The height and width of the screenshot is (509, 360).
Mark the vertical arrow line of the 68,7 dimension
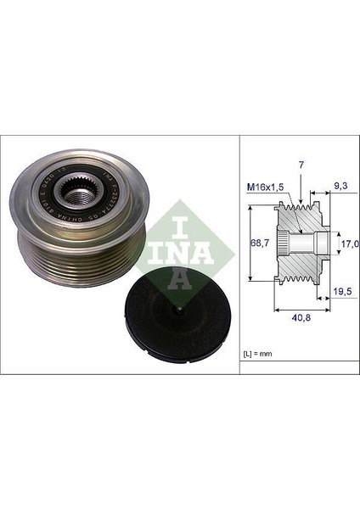coord(251,245)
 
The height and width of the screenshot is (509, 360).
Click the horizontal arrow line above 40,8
coord(301,308)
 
